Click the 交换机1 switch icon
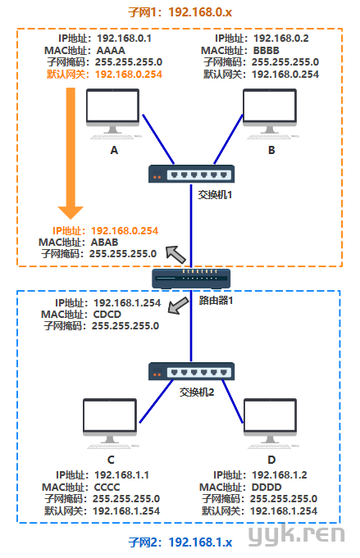point(191,174)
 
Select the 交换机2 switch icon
point(191,371)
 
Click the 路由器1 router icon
point(191,279)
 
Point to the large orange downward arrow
point(71,153)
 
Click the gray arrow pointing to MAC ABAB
point(176,255)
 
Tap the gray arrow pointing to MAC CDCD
point(179,306)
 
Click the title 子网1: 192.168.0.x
point(180,12)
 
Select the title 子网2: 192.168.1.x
point(180,542)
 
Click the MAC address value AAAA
point(111,51)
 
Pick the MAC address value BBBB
point(267,51)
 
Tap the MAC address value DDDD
point(267,488)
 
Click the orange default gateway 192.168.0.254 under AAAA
point(129,75)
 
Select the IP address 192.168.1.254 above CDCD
point(127,303)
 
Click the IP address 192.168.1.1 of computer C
point(122,475)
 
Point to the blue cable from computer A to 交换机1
point(158,139)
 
